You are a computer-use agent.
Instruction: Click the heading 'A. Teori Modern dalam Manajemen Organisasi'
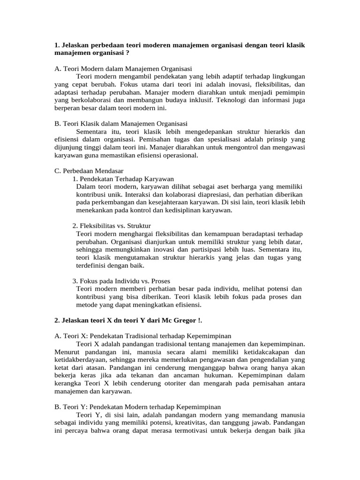pyautogui.click(x=123, y=68)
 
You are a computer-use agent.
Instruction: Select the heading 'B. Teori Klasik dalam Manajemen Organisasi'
pyautogui.click(x=121, y=124)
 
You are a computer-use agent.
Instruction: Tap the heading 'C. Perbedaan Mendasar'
pyautogui.click(x=89, y=171)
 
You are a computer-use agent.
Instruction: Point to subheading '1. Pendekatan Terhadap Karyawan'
pyautogui.click(x=123, y=179)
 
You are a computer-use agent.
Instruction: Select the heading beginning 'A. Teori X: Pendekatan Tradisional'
pyautogui.click(x=143, y=336)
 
